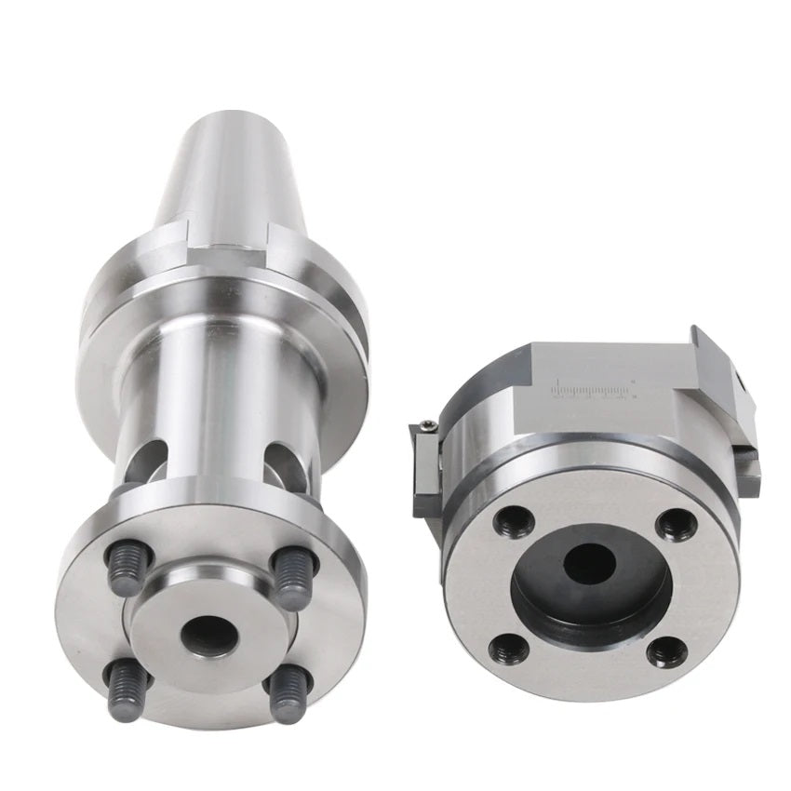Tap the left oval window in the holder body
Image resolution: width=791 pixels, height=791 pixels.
coord(149,457)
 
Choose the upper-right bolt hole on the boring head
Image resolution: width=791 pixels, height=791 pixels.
coord(676,525)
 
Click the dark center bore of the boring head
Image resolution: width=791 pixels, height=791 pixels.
coord(592,564)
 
